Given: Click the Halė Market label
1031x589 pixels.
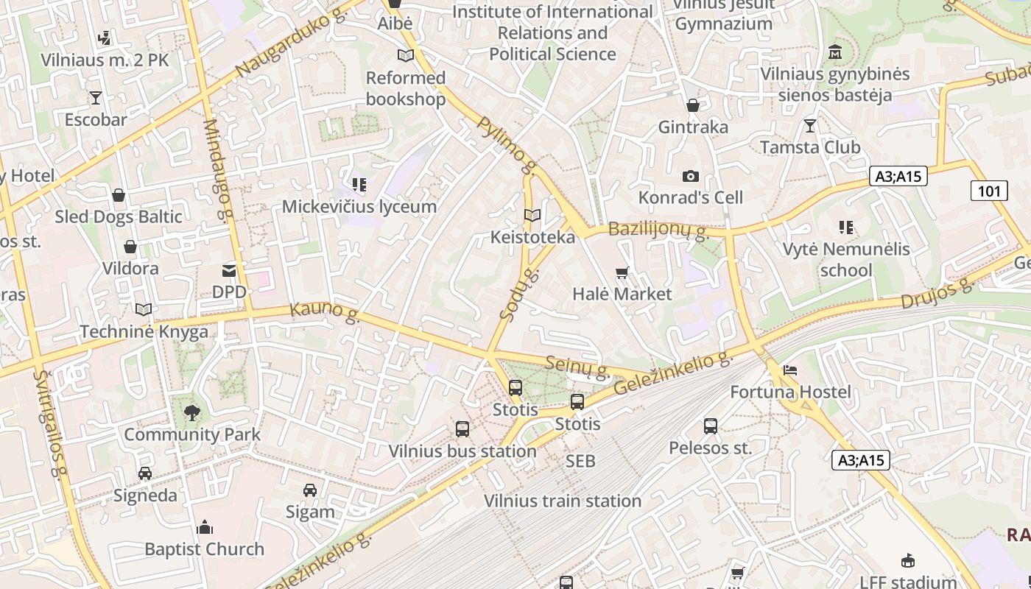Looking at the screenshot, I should click(x=622, y=294).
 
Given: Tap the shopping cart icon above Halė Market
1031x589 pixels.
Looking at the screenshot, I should click(x=622, y=273).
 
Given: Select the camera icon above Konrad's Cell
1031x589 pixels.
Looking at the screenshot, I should click(x=690, y=176).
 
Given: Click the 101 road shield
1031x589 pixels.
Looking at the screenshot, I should click(x=988, y=191).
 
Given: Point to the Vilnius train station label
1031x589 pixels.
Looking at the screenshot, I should click(x=562, y=501).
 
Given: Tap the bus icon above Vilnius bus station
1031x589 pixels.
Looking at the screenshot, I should click(x=462, y=428).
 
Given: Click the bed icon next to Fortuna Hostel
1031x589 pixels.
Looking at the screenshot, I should click(x=790, y=370).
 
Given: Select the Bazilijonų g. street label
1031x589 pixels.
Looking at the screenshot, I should click(x=658, y=230).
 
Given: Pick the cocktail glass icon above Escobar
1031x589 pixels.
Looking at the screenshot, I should click(x=95, y=97).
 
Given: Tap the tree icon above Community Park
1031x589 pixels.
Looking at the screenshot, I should click(x=192, y=412).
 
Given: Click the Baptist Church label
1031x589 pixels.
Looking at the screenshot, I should click(x=204, y=549).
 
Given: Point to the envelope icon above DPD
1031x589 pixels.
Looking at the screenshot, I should click(x=229, y=271).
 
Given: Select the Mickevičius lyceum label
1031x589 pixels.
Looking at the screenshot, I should click(x=359, y=206).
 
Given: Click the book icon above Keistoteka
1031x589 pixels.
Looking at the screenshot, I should click(x=532, y=215).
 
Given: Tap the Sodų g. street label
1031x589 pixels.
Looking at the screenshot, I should click(x=518, y=294).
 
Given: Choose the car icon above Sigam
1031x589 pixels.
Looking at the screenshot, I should click(x=310, y=490).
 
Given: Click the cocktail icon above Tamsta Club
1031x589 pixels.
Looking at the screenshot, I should click(x=810, y=126).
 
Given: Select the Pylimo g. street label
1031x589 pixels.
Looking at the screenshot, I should click(x=506, y=140).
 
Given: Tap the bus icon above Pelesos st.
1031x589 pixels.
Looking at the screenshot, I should click(x=710, y=426).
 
